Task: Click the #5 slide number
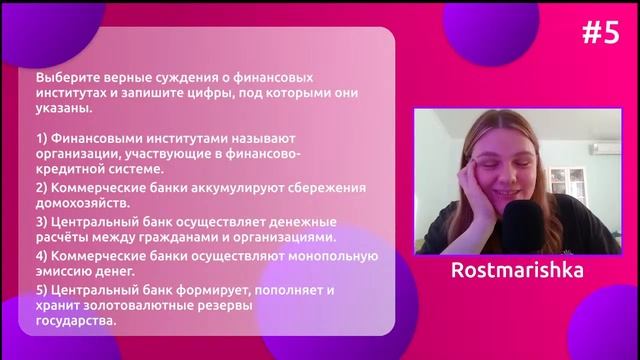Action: [x=601, y=33]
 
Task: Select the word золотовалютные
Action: [x=135, y=306]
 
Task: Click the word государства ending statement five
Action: [x=76, y=321]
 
